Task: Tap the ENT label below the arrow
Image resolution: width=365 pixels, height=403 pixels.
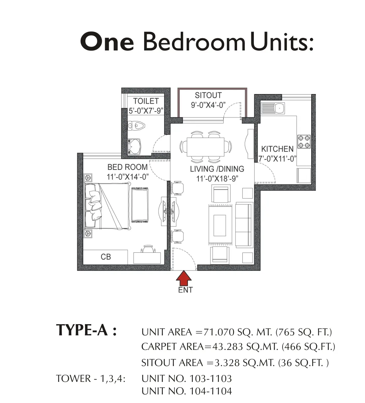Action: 185,290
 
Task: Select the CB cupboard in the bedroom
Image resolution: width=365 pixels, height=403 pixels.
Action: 106,257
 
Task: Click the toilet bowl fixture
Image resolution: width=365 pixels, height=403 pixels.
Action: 137,126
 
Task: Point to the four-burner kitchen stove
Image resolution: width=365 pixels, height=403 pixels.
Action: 304,141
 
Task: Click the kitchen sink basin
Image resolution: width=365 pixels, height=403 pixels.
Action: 279,108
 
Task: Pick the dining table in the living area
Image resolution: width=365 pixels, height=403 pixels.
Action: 205,147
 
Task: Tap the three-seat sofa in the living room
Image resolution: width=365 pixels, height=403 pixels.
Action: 244,225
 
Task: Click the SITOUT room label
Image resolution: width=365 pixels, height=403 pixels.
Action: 208,95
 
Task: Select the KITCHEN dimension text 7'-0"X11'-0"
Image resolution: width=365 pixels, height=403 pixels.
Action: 277,159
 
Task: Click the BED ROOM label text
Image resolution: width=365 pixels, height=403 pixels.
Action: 128,167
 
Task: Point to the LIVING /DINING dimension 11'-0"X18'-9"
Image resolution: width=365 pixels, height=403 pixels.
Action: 217,178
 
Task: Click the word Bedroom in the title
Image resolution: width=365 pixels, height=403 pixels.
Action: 194,42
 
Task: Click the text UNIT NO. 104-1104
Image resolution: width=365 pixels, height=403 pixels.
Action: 187,391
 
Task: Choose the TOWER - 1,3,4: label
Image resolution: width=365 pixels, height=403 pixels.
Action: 91,379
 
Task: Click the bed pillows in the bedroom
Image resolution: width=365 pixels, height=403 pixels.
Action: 95,205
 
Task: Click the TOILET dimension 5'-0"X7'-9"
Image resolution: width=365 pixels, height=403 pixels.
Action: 146,111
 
